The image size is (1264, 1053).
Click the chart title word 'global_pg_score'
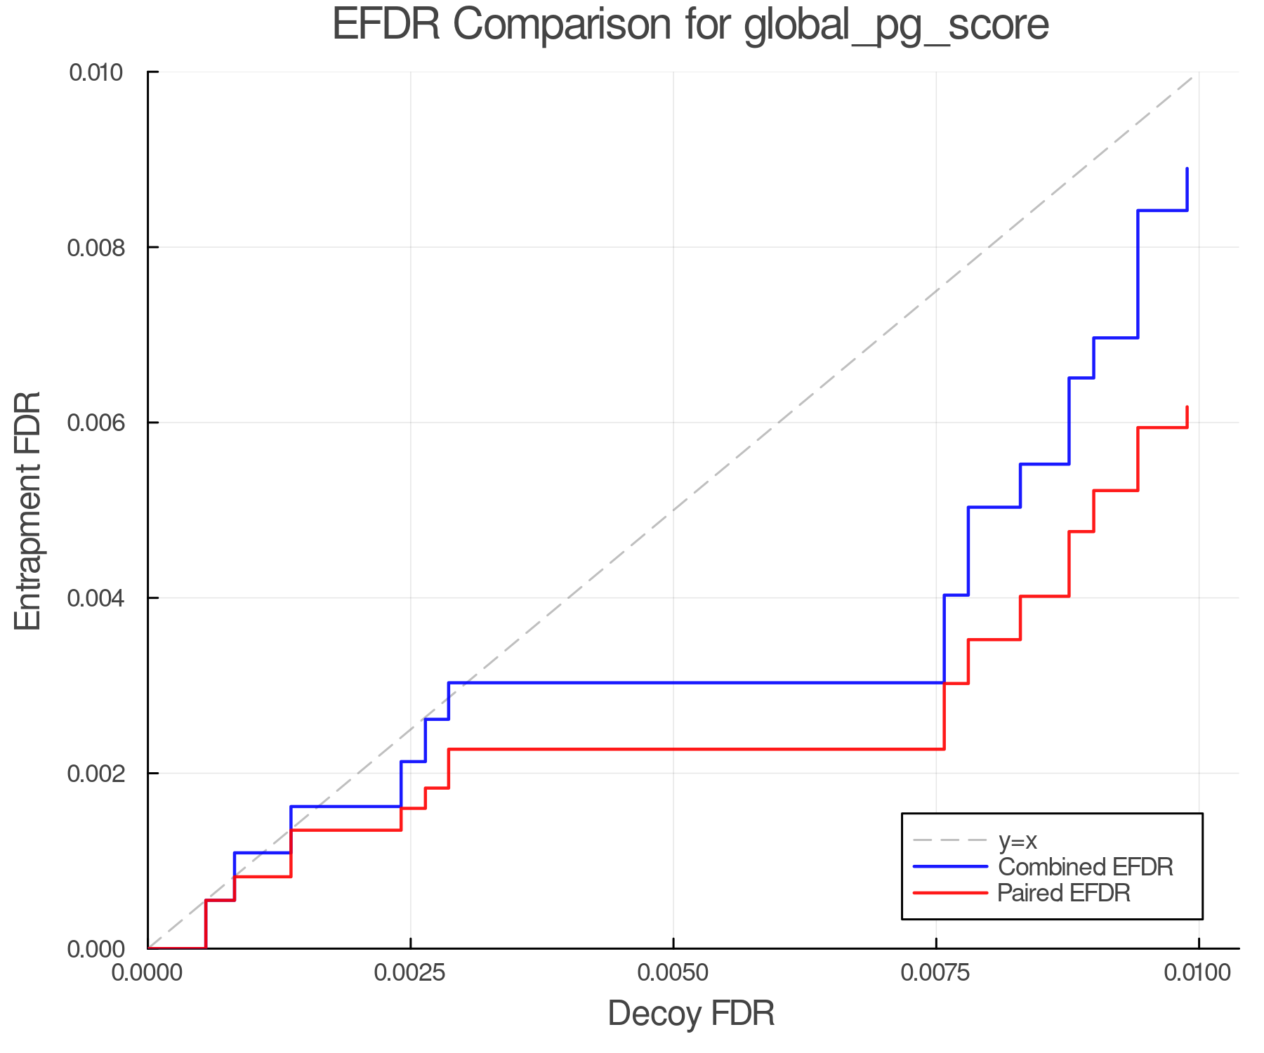896,25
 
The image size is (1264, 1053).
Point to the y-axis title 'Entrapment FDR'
29,511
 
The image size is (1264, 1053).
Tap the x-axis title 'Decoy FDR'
691,1014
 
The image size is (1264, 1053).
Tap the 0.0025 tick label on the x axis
410,973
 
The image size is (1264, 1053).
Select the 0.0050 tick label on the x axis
673,973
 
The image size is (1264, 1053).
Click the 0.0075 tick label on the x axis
936,973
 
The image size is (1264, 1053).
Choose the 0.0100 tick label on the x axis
1198,973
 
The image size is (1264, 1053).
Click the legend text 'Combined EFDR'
1085,867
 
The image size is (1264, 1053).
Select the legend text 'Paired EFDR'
1063,893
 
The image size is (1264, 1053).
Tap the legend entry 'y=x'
1018,840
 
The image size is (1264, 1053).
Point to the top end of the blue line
1187,169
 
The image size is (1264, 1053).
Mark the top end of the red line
1187,407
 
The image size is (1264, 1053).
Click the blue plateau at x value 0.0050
673,682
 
